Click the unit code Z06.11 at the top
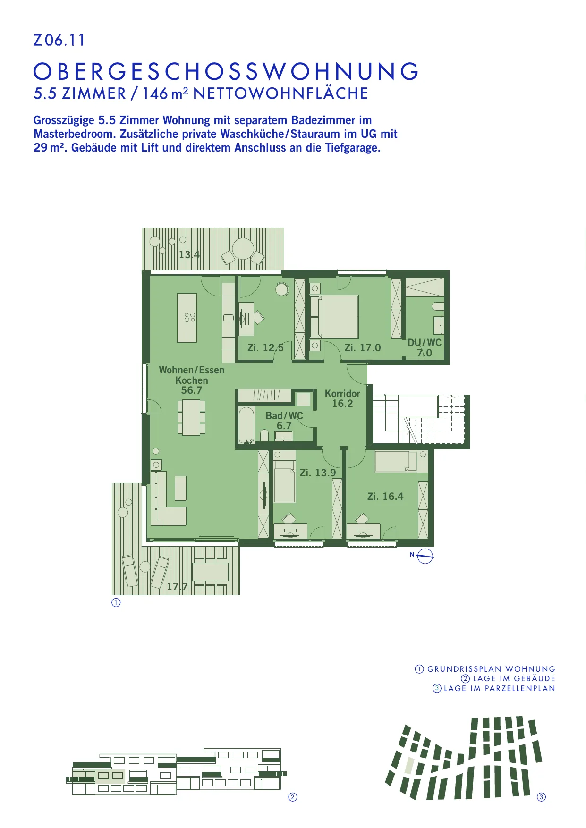tap(59, 40)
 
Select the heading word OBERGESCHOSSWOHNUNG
tap(226, 72)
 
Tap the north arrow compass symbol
tap(425, 557)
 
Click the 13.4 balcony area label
tap(189, 255)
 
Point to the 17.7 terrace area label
tap(178, 587)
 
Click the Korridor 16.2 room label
tap(342, 398)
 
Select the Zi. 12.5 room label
tap(265, 348)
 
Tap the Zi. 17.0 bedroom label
tap(363, 348)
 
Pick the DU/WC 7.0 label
tap(425, 347)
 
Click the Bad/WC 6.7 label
tap(284, 421)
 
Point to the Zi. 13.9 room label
tap(318, 473)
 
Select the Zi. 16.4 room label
tap(385, 497)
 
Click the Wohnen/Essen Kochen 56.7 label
tap(192, 380)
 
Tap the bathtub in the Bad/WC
tap(246, 424)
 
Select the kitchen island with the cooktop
tap(187, 318)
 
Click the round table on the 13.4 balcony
tap(243, 249)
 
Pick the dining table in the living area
tap(191, 417)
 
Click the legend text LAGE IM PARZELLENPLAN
tap(499, 688)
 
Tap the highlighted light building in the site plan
tap(410, 765)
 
